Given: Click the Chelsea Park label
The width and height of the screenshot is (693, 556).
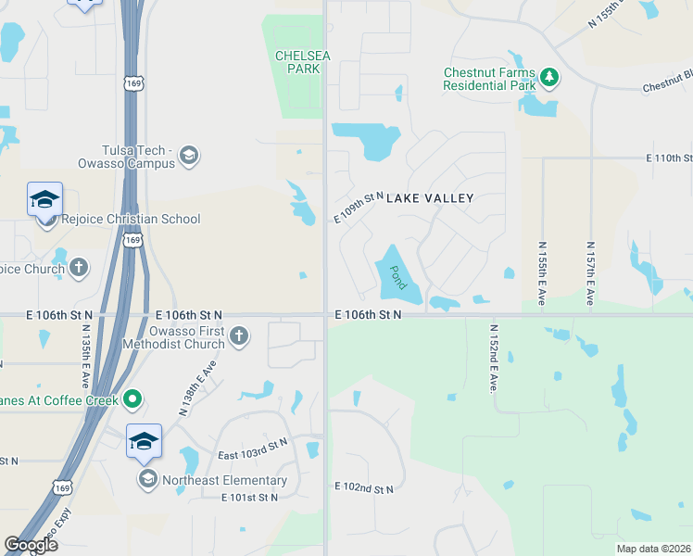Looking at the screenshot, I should [303, 62].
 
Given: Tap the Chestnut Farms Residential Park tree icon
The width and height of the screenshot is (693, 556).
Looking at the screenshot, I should [550, 77].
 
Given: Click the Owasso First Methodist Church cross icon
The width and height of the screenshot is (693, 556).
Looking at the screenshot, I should [239, 335].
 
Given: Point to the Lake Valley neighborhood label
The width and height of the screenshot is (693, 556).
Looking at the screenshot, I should [430, 198].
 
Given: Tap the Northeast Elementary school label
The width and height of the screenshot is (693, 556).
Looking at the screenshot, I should [224, 480].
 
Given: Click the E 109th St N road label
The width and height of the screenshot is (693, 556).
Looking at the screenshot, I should [359, 208].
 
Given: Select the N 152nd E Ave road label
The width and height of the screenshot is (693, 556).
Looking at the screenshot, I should [494, 358].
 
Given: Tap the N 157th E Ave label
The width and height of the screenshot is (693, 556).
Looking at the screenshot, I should [590, 273].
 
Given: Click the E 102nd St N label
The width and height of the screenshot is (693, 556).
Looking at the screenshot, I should [364, 487].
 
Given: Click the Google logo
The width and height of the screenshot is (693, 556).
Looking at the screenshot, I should [31, 545].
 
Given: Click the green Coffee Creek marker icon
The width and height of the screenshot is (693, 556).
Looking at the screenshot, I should [132, 399].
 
